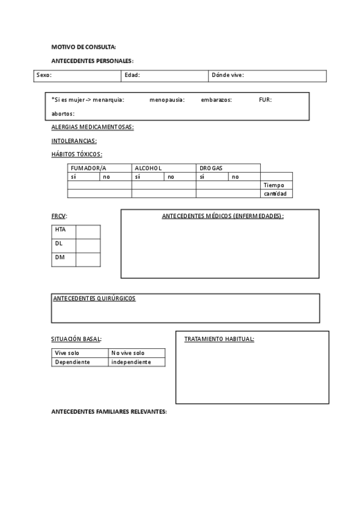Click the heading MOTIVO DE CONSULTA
84,47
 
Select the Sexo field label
44,75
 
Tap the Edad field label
132,75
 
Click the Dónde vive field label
228,75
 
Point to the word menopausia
167,100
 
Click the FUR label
265,100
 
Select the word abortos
63,113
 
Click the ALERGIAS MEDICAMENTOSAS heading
93,127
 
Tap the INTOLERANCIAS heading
74,141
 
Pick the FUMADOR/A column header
88,168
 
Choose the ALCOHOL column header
148,168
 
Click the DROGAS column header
211,168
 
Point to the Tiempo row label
273,185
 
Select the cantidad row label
275,194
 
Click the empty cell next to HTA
88,232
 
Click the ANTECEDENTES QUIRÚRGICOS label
94,298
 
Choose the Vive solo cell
67,353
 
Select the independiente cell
131,362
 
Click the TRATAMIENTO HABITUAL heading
219,339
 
